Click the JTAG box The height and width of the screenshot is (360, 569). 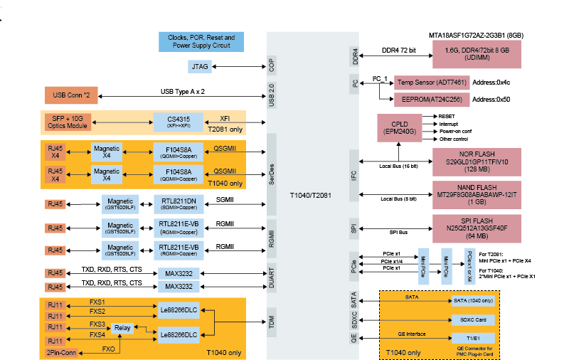(x=199, y=66)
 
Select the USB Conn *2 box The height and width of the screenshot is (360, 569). (x=70, y=95)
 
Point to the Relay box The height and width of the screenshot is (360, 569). (x=122, y=328)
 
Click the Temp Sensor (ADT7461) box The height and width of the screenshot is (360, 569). (x=431, y=83)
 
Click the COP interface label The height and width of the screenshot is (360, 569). (x=272, y=65)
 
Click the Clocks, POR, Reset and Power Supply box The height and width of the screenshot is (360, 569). (x=201, y=41)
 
